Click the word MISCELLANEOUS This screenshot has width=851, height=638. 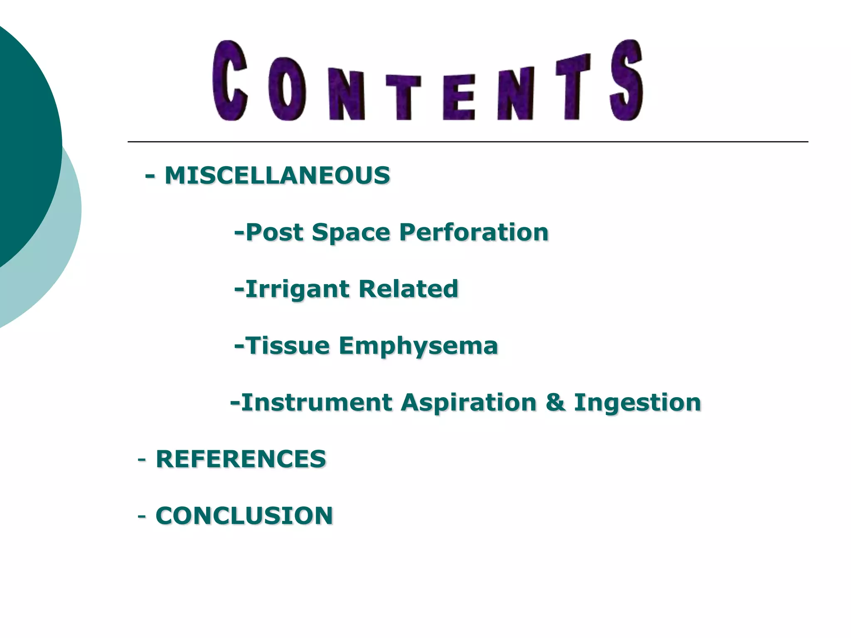(x=277, y=175)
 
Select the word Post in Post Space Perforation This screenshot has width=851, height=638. (x=274, y=232)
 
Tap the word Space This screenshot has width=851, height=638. (x=351, y=233)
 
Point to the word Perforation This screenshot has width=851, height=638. (x=474, y=232)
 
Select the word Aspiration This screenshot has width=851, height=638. (x=469, y=402)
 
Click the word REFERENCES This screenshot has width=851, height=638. (x=241, y=459)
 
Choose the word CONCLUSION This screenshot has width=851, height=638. (x=244, y=515)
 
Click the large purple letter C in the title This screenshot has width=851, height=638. (x=229, y=81)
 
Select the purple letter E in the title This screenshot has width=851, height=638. (x=458, y=97)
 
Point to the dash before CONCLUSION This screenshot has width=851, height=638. (x=142, y=516)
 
